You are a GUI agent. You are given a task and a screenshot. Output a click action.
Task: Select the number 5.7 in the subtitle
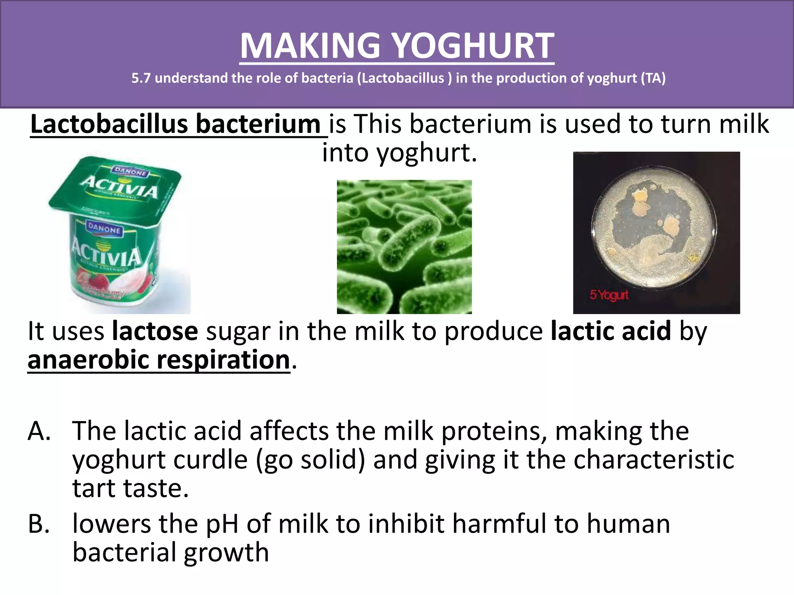pos(141,78)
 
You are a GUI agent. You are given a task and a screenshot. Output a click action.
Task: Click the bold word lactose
pos(155,331)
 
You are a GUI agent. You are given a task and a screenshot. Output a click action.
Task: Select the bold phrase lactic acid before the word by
pos(611,331)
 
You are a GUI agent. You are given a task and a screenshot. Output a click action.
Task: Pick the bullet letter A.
pos(39,431)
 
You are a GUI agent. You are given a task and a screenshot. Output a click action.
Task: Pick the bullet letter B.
pos(39,524)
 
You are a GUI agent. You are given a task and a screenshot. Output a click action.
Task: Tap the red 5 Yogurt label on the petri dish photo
pos(609,296)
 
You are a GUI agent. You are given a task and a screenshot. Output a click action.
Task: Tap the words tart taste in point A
pos(130,488)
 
